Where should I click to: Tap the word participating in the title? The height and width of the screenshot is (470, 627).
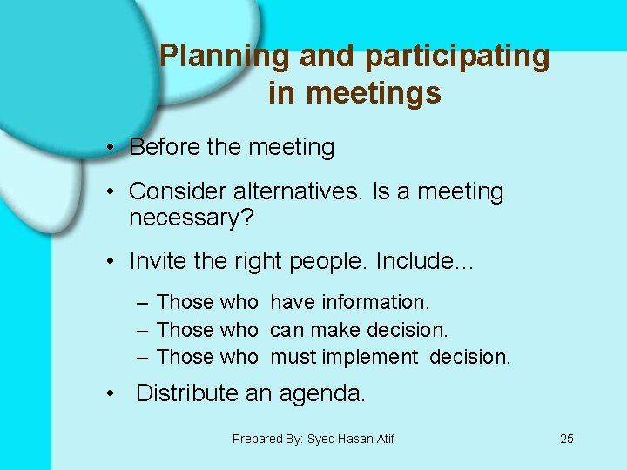click(x=458, y=57)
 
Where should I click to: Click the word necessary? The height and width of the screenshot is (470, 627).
click(x=191, y=218)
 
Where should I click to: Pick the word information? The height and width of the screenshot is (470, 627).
click(x=376, y=302)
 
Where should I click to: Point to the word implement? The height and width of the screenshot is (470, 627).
click(x=369, y=357)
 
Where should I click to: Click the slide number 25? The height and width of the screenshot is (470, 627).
click(x=567, y=439)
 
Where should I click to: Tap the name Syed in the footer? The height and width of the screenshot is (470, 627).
click(x=320, y=439)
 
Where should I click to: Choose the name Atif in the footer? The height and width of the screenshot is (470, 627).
click(x=383, y=439)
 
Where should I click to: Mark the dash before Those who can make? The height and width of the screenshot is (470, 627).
click(x=142, y=330)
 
